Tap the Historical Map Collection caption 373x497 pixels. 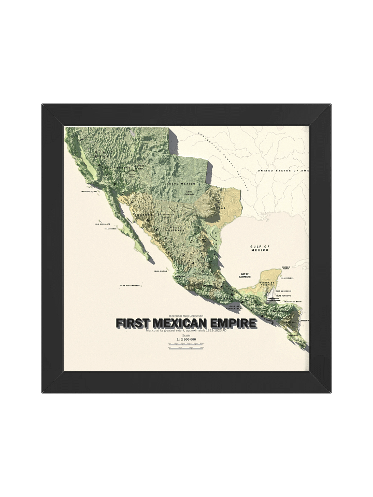tap(186, 316)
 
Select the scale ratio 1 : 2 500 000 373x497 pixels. tap(186, 339)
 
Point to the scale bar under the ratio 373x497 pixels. tap(186, 345)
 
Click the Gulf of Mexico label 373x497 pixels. tap(260, 248)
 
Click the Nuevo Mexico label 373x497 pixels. tap(181, 184)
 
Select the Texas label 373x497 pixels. tap(221, 208)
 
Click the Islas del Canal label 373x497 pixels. tap(90, 191)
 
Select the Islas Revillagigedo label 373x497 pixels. tap(130, 285)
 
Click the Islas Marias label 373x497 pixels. tap(161, 270)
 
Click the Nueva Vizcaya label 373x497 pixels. tap(177, 229)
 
